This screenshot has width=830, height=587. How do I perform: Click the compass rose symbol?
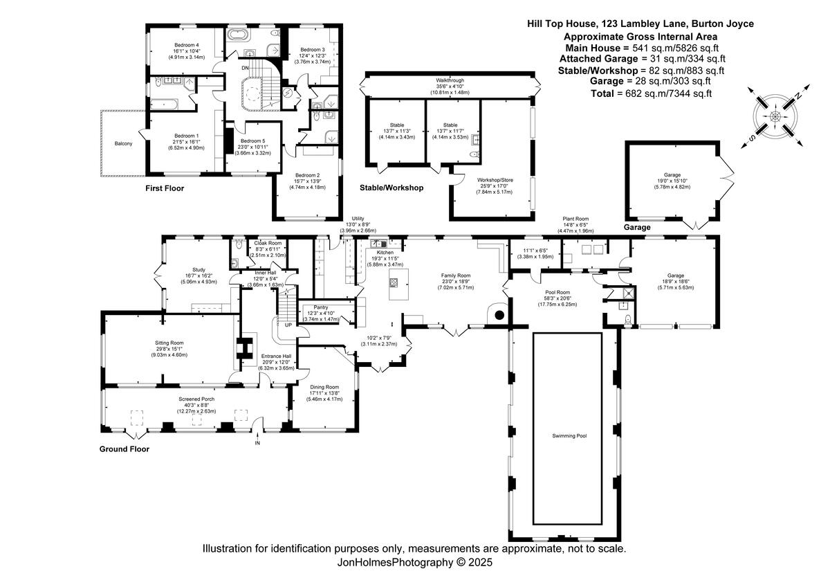click(x=775, y=116)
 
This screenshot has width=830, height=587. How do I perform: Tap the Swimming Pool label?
click(x=569, y=436)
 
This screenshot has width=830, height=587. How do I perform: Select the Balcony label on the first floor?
click(x=124, y=144)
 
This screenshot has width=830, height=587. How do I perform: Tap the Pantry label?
click(x=320, y=307)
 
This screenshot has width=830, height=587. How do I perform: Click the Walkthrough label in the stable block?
click(x=450, y=81)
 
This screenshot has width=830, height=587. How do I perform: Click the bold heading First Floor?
click(x=165, y=188)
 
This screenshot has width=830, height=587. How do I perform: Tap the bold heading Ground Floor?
click(x=124, y=449)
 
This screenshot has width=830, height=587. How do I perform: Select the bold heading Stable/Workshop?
click(x=391, y=188)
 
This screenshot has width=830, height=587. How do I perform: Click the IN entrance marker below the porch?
click(x=257, y=443)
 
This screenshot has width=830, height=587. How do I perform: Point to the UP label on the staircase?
click(x=288, y=324)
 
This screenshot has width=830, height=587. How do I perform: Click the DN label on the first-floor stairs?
click(x=245, y=68)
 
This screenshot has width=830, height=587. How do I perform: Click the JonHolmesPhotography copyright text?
click(x=414, y=563)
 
